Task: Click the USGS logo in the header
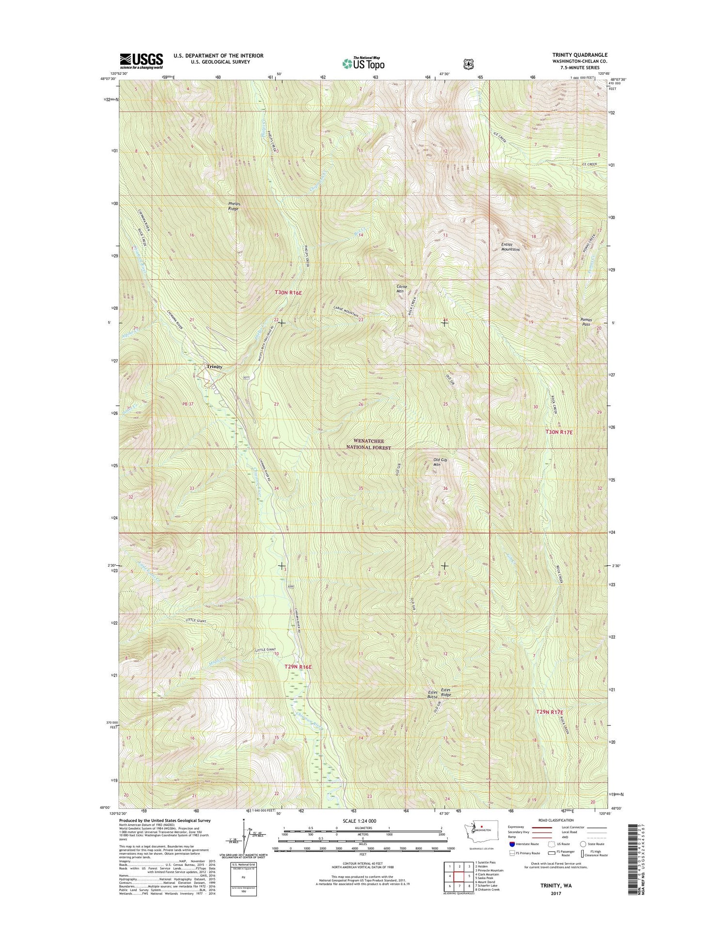point(142,61)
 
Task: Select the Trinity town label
point(215,367)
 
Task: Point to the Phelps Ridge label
point(234,206)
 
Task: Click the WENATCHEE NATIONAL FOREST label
point(369,445)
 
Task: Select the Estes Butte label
point(432,694)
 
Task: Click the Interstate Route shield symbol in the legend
point(512,844)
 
